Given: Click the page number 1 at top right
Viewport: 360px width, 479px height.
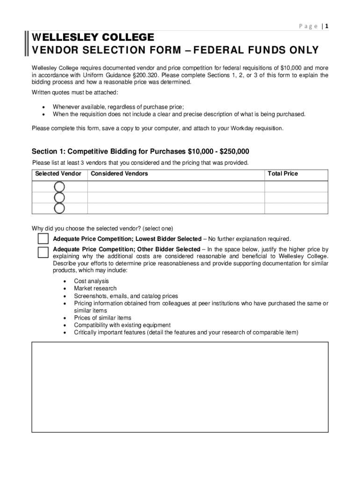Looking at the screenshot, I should pyautogui.click(x=327, y=27).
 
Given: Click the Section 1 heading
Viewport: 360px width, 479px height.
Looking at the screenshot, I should pyautogui.click(x=140, y=152).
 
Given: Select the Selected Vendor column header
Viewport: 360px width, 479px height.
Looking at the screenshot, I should pyautogui.click(x=58, y=174).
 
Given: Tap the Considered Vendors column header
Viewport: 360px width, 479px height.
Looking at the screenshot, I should pyautogui.click(x=119, y=174).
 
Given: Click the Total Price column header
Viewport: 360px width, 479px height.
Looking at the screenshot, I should pyautogui.click(x=282, y=174).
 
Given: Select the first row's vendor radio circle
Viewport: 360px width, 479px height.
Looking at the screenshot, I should pyautogui.click(x=59, y=187).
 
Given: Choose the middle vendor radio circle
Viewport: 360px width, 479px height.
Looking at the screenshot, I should pyautogui.click(x=59, y=197).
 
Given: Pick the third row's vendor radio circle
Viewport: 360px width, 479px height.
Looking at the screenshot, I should pyautogui.click(x=59, y=208).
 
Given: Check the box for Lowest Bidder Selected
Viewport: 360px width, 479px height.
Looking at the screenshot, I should pyautogui.click(x=43, y=239).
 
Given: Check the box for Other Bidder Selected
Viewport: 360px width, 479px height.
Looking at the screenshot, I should pyautogui.click(x=43, y=253).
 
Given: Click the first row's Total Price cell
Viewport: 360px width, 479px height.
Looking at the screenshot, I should pyautogui.click(x=296, y=187).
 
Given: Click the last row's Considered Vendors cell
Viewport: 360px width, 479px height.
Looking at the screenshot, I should pyautogui.click(x=176, y=208).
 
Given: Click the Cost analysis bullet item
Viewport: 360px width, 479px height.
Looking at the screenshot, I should pyautogui.click(x=91, y=281).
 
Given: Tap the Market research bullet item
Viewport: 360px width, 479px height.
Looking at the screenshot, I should pyautogui.click(x=95, y=289).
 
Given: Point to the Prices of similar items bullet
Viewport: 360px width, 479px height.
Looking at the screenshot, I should pyautogui.click(x=102, y=318).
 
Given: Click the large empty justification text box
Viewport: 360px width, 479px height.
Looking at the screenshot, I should pyautogui.click(x=180, y=387).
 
